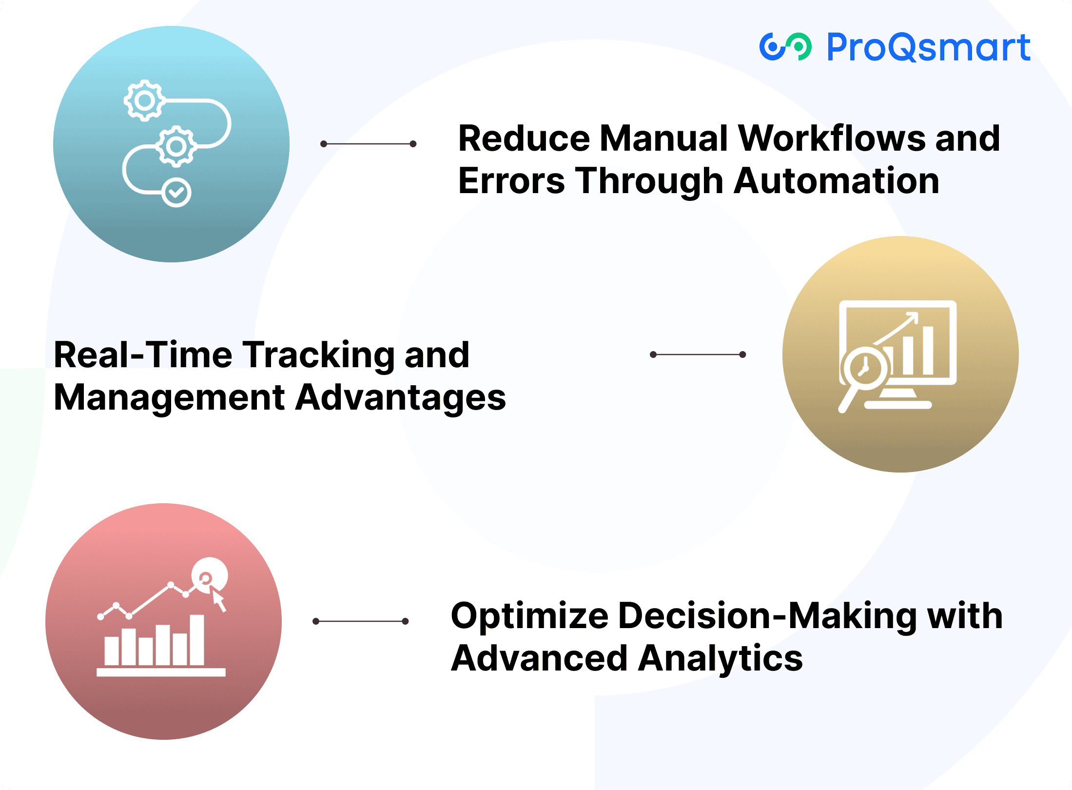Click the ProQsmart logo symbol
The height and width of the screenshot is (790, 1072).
785,47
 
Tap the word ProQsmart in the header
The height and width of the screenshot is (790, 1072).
928,47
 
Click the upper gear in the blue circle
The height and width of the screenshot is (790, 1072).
144,100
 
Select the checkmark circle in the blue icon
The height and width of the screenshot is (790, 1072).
176,193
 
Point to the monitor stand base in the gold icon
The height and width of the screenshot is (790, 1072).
897,404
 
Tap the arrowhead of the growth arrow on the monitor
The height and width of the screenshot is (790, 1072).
913,317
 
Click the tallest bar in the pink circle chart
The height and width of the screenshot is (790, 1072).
197,640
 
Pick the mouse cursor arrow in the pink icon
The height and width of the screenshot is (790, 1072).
218,600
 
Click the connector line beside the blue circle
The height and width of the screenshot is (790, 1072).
368,144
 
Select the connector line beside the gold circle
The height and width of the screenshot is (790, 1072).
698,355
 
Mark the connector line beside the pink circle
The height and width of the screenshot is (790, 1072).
360,621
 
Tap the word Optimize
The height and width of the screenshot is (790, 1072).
529,615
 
